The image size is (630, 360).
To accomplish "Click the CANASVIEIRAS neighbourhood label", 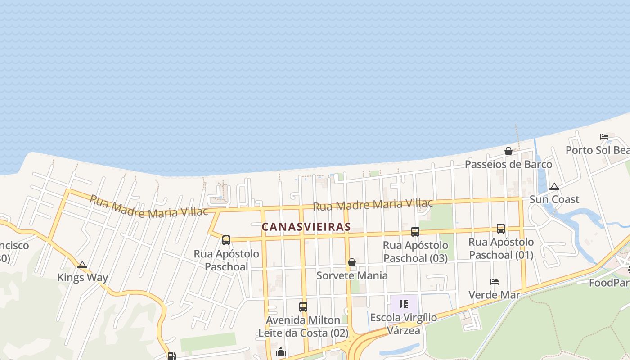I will point(306,227).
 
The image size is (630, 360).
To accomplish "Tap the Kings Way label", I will point(82,277).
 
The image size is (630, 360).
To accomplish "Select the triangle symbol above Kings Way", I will point(82,265).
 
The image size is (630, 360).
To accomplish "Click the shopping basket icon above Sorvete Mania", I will point(352,262).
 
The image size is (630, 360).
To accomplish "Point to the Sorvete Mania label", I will point(352,275).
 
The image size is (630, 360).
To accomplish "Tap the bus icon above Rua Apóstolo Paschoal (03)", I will point(415,232).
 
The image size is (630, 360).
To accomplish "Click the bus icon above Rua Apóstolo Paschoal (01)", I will point(501,229).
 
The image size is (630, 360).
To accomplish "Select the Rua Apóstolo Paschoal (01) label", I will point(501,248).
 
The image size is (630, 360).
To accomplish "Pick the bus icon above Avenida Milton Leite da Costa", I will point(303,307).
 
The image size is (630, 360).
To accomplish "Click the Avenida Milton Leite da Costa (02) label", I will point(303,327).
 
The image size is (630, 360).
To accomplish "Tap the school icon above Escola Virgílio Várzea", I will point(404,304).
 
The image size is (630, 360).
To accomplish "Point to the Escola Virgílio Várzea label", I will point(404,324).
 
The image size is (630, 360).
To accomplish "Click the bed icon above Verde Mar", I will point(495,282).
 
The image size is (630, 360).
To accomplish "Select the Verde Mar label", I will point(495,295).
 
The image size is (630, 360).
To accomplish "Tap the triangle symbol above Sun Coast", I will point(554,187).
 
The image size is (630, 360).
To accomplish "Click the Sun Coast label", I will point(554,199).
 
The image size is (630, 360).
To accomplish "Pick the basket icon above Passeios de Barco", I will point(508,151).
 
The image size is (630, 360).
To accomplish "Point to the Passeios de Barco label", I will point(508,164).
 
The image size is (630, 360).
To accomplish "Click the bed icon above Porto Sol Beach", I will point(604,137).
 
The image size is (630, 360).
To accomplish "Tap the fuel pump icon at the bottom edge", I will point(171,356).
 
